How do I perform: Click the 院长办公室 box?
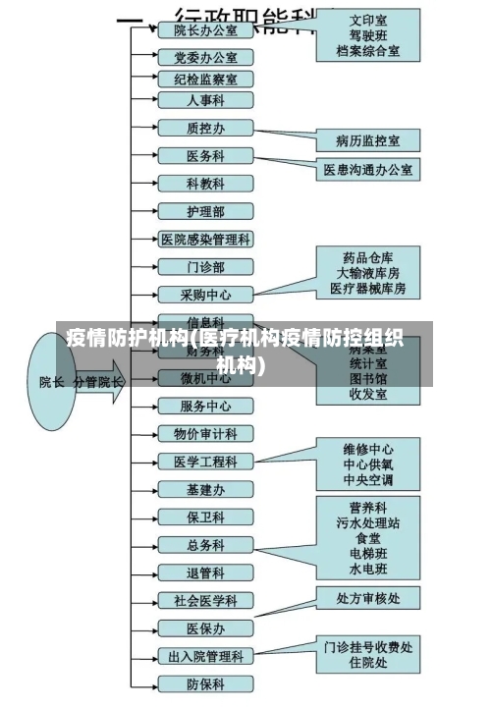point(205,30)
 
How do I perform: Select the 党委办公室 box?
point(205,58)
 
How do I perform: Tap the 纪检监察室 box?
point(205,80)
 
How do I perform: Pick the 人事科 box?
point(205,100)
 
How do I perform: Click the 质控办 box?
point(205,128)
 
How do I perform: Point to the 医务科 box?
point(205,156)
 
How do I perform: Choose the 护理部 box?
point(205,211)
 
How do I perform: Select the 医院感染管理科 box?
point(205,239)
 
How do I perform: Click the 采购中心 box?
point(205,294)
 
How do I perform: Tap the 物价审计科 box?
point(205,433)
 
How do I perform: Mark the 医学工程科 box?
point(205,462)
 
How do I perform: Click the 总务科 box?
point(205,545)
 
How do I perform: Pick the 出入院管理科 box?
point(205,656)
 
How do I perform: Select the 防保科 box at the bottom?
point(205,683)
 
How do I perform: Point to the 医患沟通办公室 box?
point(368,170)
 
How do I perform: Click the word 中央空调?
point(368,480)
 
